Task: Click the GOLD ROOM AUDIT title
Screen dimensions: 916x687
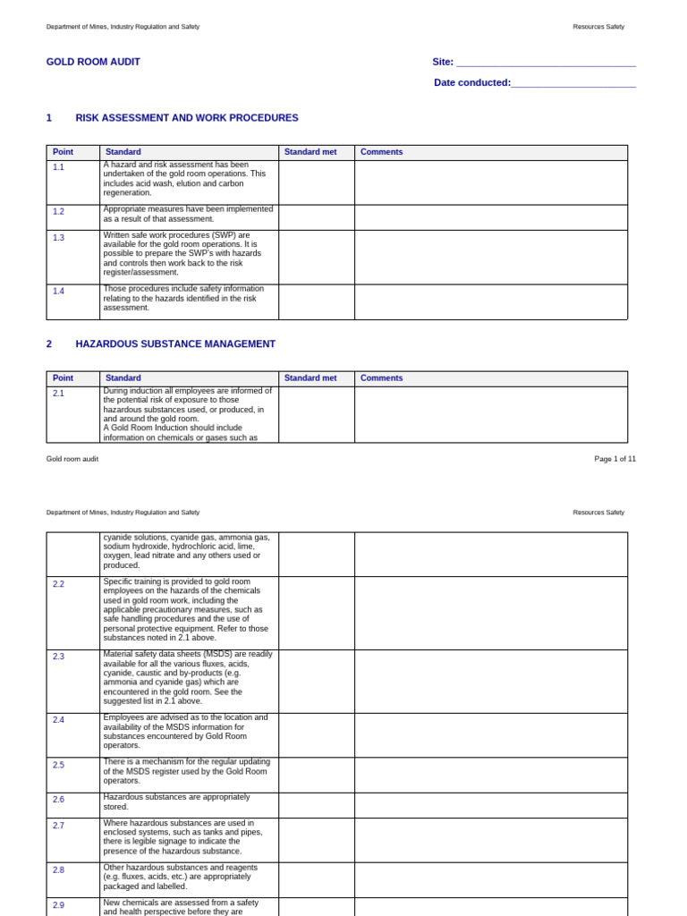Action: (x=93, y=62)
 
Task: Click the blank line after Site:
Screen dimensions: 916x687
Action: (x=546, y=63)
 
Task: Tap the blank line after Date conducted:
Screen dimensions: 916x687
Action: (x=573, y=83)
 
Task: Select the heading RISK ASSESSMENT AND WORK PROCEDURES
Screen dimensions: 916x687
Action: (x=186, y=118)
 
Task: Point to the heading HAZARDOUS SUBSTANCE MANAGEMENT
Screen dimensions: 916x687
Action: (x=175, y=344)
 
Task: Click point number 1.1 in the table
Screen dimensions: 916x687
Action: (x=59, y=167)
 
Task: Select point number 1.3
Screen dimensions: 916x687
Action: (x=59, y=238)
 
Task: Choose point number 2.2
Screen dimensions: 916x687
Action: (x=59, y=584)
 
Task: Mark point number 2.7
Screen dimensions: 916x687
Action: (x=59, y=826)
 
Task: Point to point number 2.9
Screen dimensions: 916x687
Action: (x=59, y=905)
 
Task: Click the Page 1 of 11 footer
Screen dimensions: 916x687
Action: (x=615, y=459)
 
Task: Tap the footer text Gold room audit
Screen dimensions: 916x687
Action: (x=72, y=459)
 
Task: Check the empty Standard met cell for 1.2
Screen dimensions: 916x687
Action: (x=317, y=217)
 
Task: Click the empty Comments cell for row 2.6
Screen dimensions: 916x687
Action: (x=490, y=805)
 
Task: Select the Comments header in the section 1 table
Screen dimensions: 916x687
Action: (x=382, y=152)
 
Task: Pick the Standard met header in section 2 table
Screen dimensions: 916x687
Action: (x=310, y=378)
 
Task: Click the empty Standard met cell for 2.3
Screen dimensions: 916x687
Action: (x=317, y=682)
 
